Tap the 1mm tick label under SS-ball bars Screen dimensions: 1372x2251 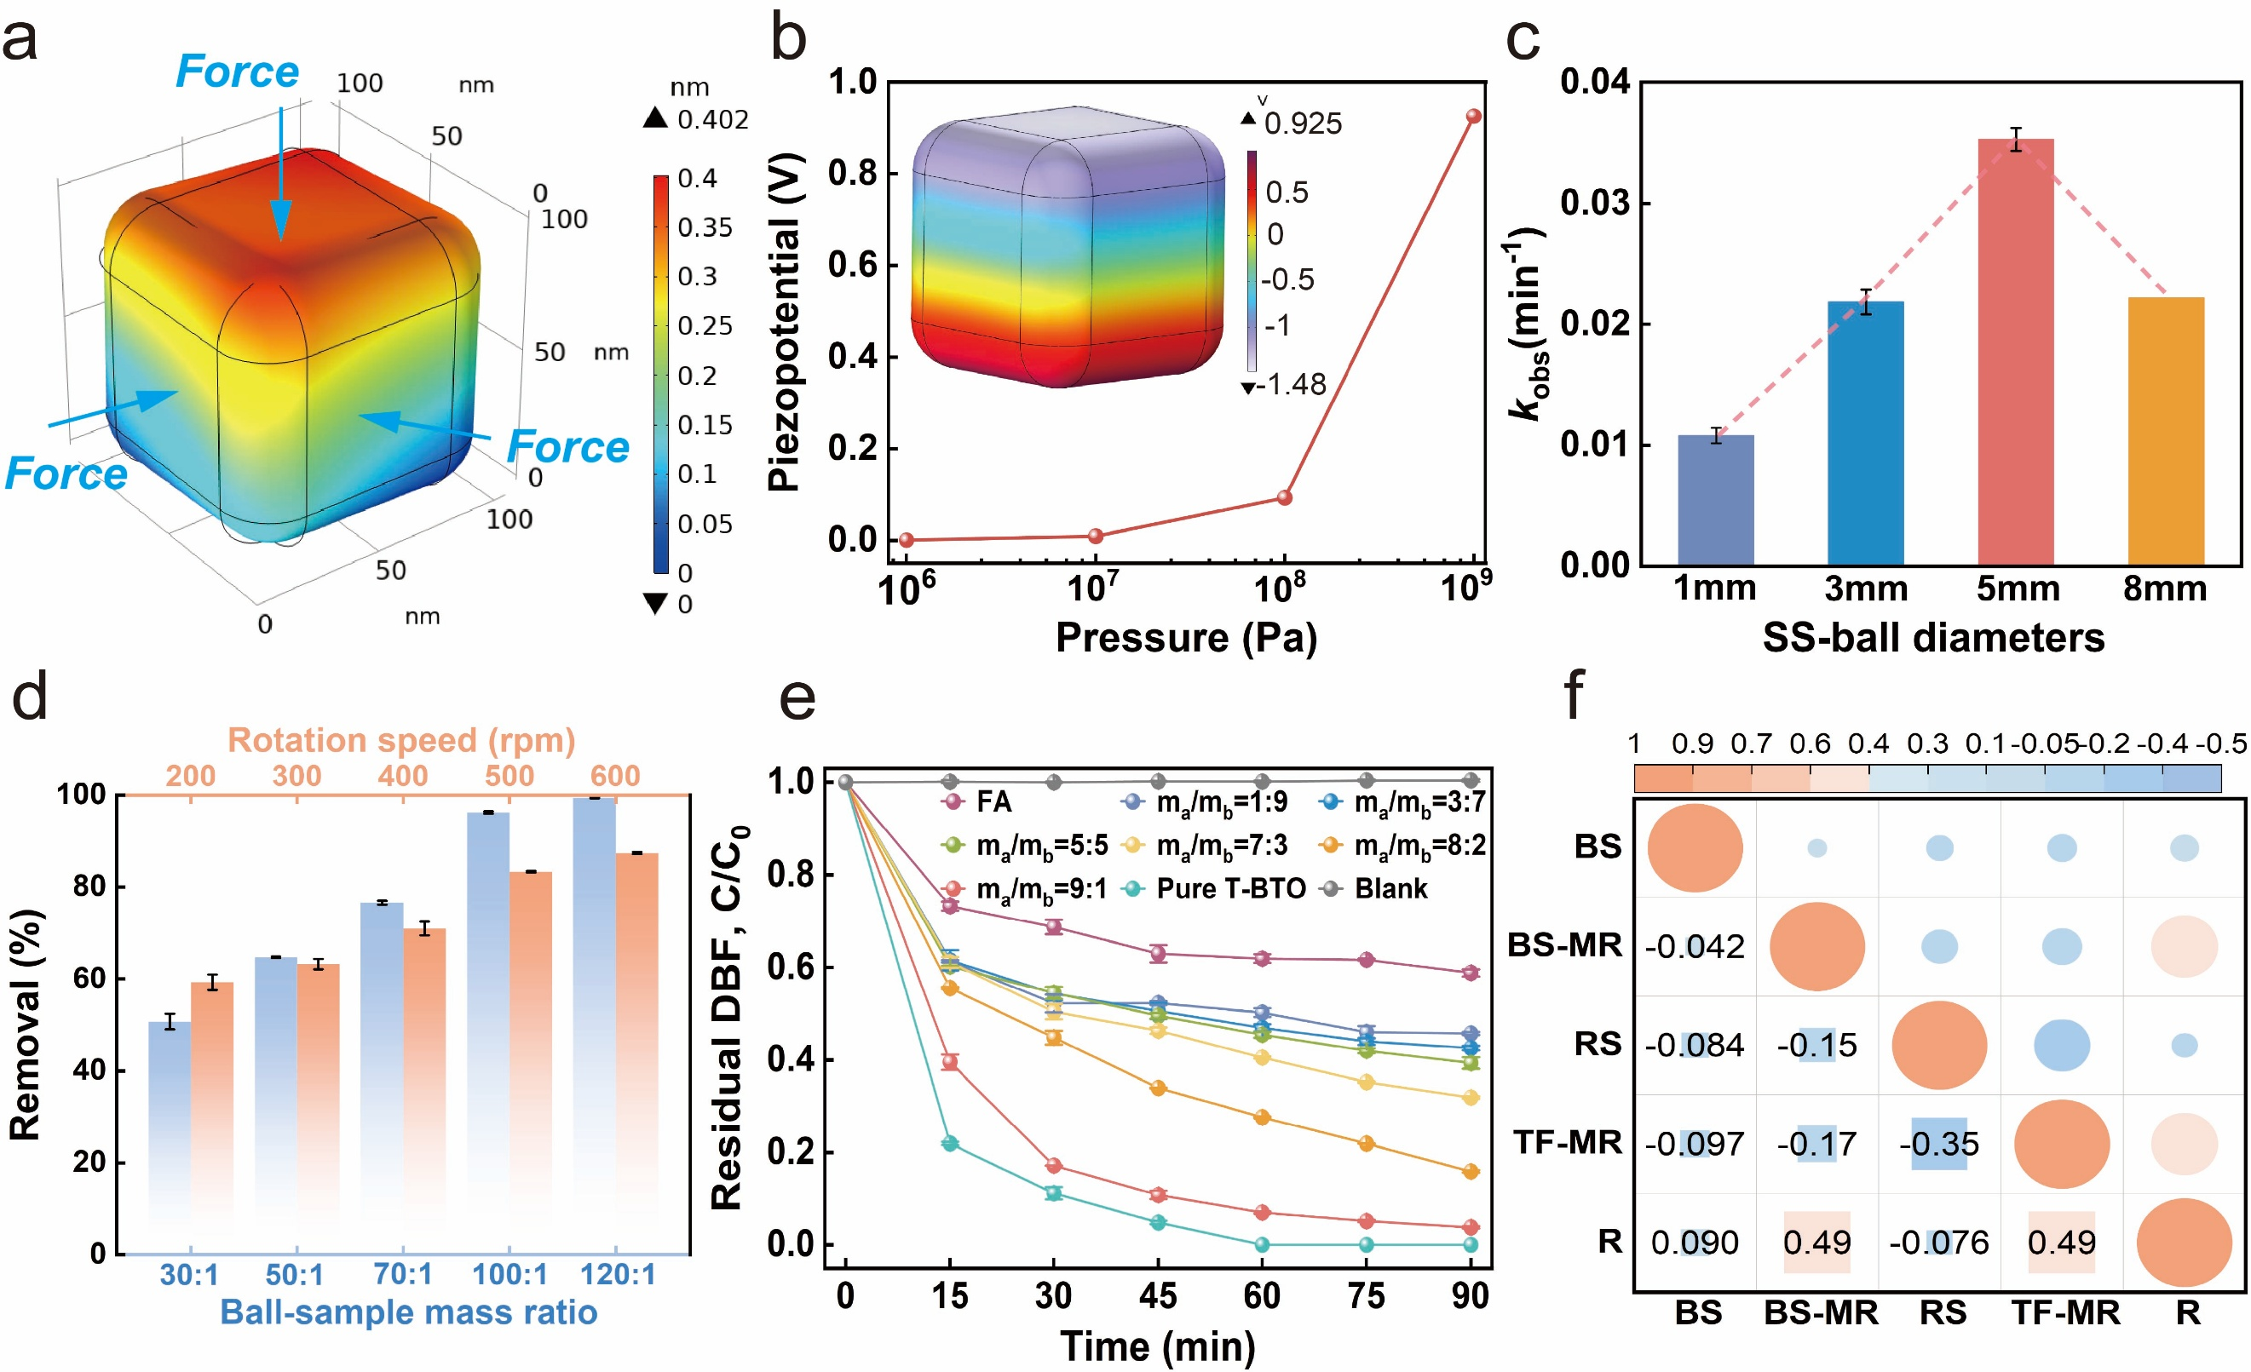click(1715, 588)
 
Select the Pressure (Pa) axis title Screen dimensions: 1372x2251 click(1186, 638)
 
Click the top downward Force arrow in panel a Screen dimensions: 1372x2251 click(280, 174)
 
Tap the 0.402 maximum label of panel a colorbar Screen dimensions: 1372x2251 click(711, 120)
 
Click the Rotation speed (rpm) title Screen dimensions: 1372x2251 click(401, 740)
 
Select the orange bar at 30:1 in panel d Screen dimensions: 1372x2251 click(212, 1115)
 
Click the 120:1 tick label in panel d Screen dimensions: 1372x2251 click(618, 1274)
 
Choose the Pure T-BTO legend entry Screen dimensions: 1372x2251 click(1229, 889)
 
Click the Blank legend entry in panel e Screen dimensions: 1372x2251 click(1390, 889)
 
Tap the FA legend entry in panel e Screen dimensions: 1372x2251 click(993, 802)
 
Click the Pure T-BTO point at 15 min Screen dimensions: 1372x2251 click(950, 1144)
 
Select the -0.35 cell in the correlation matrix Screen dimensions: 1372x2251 click(1939, 1144)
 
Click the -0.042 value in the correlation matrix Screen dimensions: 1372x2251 click(1695, 946)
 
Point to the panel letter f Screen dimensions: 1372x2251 click(1574, 696)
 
